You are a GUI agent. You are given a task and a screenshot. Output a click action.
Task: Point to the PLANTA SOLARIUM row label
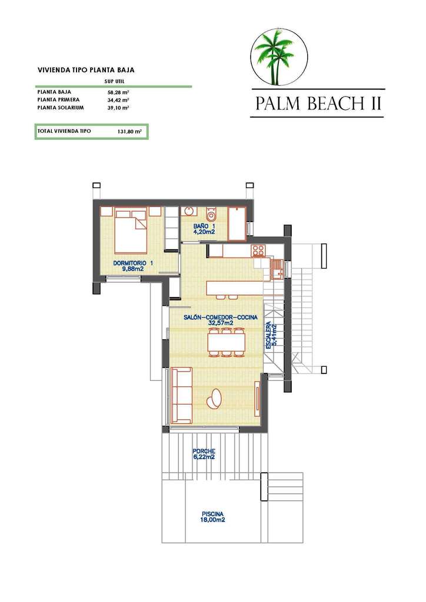click(61, 108)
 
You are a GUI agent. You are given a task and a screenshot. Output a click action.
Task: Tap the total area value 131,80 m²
click(129, 132)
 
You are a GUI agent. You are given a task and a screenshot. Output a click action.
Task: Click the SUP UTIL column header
click(114, 82)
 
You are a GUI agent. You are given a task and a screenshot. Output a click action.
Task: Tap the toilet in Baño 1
click(212, 213)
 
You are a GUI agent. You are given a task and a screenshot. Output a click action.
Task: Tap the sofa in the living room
click(181, 394)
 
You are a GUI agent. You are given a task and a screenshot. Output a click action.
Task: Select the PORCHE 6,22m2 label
click(204, 454)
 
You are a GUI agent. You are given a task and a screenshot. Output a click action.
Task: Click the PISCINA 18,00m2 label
click(212, 516)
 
